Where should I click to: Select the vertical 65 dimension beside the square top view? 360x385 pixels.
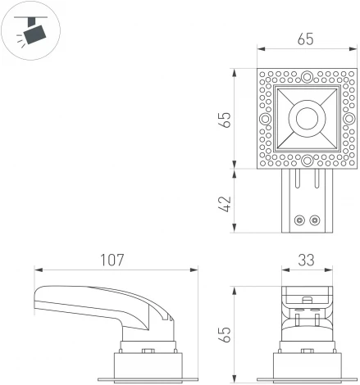coord(225,119)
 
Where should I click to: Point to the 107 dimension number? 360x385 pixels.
coord(112,260)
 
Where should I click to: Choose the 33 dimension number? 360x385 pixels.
coord(305,260)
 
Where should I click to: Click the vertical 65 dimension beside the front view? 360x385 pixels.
coord(225,334)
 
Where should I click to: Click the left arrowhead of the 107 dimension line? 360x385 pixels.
coord(37,269)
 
